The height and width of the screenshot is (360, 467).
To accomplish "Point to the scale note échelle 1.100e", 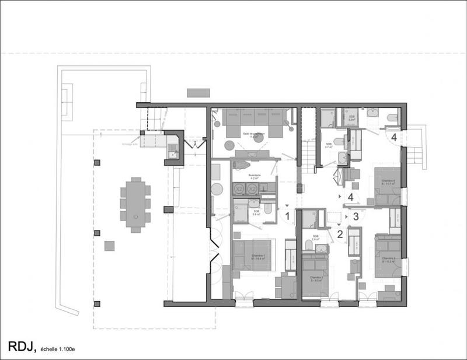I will [x=58, y=349].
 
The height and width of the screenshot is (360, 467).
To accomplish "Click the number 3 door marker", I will [x=356, y=216].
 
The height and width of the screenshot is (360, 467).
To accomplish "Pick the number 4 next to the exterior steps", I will [x=395, y=138].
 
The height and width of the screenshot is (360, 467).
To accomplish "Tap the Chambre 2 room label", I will [x=316, y=278].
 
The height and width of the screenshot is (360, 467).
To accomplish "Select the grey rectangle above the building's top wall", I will [x=197, y=93].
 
